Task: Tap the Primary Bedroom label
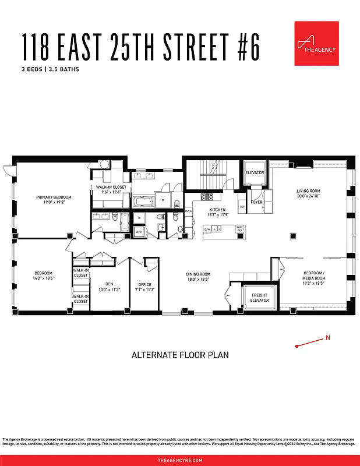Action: pos(54,200)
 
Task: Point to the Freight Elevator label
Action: pos(260,298)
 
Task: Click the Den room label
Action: pos(108,287)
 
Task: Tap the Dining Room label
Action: pos(198,277)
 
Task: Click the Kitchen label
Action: pos(217,211)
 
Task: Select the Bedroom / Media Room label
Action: pos(314,276)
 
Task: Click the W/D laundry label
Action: pos(139,232)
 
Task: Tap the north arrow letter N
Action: pos(327,337)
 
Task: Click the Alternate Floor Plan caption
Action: pos(180,355)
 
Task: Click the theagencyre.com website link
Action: pos(180,460)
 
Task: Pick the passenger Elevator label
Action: pos(255,173)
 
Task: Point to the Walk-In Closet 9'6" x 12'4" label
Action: pos(111,189)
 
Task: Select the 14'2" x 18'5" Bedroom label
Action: pos(44,276)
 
